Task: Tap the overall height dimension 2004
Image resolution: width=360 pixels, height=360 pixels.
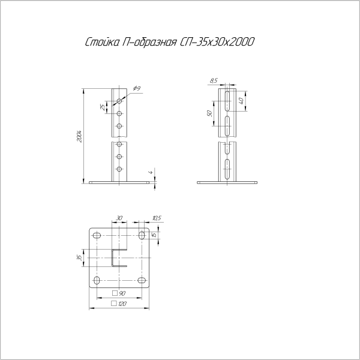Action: [79, 136]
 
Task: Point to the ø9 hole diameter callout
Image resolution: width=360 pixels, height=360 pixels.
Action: [137, 88]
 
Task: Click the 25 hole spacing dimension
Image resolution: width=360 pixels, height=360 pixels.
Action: [103, 107]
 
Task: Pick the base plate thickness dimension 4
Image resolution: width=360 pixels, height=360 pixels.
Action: [151, 172]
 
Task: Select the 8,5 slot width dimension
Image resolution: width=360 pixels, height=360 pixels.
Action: [214, 80]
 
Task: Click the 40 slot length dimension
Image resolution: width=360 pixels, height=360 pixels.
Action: [241, 100]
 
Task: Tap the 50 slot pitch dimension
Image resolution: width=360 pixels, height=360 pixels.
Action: [209, 113]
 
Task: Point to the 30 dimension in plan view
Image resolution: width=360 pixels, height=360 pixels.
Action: [119, 218]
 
